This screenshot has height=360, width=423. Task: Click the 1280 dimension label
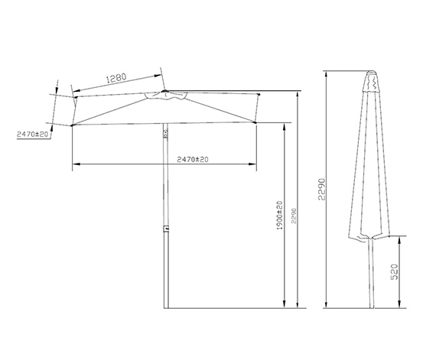tap(116, 78)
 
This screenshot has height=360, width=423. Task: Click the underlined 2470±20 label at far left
tap(33, 134)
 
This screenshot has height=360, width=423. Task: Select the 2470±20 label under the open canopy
tap(193, 160)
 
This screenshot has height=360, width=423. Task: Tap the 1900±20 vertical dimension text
tap(280, 216)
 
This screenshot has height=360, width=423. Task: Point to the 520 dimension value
tap(395, 272)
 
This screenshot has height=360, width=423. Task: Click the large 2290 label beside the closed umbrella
tap(322, 189)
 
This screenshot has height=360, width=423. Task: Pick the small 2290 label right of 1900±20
tap(294, 216)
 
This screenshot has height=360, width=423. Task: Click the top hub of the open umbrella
tap(164, 92)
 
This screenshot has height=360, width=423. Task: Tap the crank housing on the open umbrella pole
tap(165, 134)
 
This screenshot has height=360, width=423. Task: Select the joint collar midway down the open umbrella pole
tap(166, 229)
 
